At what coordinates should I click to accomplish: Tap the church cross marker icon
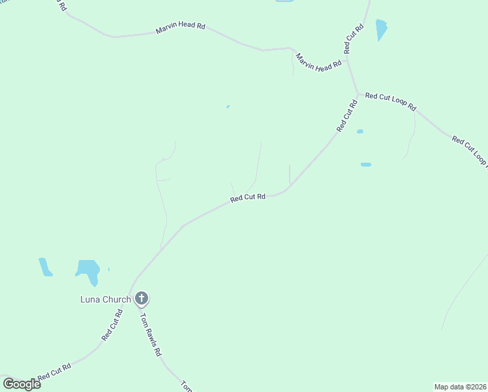point(142,299)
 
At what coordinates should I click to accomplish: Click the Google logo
point(22,384)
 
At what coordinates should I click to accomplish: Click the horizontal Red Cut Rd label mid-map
point(248,197)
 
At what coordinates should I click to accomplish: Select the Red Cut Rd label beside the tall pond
point(354,39)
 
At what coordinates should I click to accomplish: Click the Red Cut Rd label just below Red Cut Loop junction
point(347,116)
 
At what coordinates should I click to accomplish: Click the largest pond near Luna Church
point(88,269)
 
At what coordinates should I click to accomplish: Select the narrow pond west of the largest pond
point(44,266)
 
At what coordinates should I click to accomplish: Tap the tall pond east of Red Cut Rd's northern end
point(381,29)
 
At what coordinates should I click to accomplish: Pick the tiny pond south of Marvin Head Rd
point(228,106)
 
